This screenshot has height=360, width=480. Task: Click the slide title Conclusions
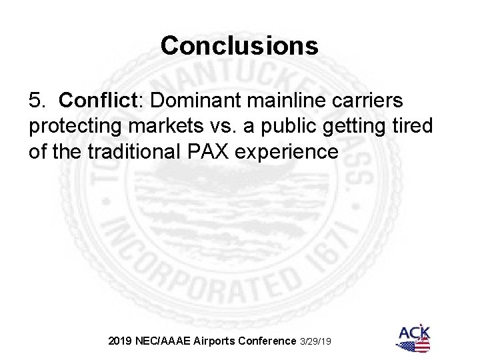coord(240,45)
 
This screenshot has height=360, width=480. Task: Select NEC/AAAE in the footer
coord(161,341)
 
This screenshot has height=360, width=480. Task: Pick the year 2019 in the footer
coord(121,341)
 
